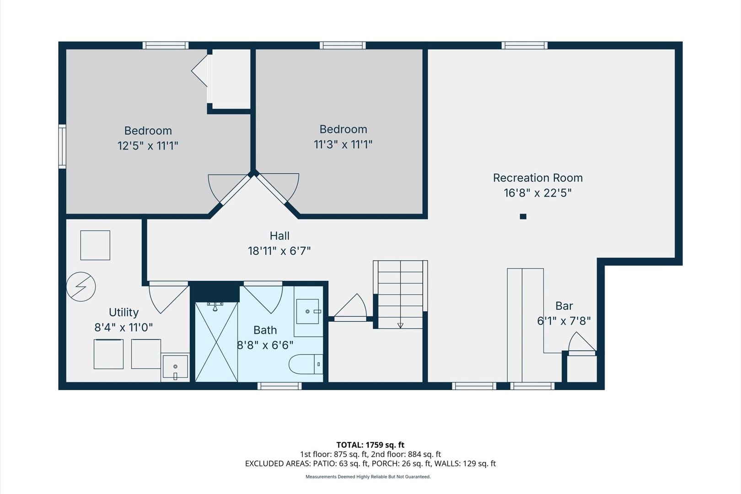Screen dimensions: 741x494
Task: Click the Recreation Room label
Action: [537, 177]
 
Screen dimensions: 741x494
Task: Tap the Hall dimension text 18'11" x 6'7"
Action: [279, 251]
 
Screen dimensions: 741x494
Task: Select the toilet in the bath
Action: [306, 364]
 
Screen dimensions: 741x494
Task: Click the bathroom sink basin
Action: [307, 311]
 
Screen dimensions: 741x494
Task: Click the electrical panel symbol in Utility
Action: [81, 286]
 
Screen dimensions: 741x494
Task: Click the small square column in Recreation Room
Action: [523, 216]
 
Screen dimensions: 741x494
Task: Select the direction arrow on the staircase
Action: [400, 325]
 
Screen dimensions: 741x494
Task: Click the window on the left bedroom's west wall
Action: [62, 146]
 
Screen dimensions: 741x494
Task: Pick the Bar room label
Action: [564, 306]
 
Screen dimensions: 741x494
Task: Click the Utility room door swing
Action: [169, 298]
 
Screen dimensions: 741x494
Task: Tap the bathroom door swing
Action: [263, 298]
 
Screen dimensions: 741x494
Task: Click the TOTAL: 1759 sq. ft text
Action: [370, 445]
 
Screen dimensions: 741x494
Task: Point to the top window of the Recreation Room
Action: [524, 45]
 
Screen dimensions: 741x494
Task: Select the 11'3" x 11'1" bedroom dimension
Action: [343, 145]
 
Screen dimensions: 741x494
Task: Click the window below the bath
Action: [279, 386]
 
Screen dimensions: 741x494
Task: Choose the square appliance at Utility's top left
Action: [95, 245]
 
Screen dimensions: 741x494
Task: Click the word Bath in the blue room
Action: [265, 330]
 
